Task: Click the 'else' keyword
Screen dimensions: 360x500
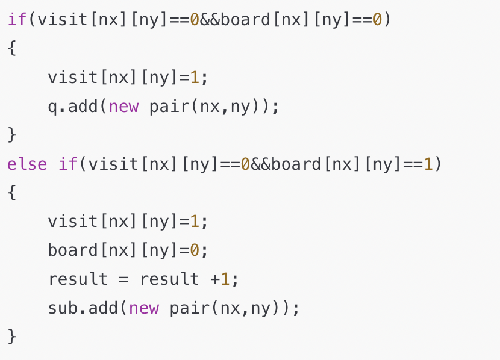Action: coord(27,164)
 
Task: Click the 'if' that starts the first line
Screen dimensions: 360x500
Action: coord(17,20)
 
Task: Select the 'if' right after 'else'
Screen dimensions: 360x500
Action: coord(68,164)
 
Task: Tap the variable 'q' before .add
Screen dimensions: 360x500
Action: coord(53,107)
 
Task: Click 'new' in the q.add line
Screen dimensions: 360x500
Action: coord(124,107)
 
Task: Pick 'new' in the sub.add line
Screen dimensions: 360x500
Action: coord(144,308)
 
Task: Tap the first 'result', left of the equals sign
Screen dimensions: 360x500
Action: coord(78,279)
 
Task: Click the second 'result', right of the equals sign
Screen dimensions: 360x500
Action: coord(169,279)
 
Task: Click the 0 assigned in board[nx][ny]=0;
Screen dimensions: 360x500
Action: coord(195,250)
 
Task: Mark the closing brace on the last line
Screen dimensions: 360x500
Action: coord(12,336)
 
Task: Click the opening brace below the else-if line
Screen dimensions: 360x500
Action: coord(12,193)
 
